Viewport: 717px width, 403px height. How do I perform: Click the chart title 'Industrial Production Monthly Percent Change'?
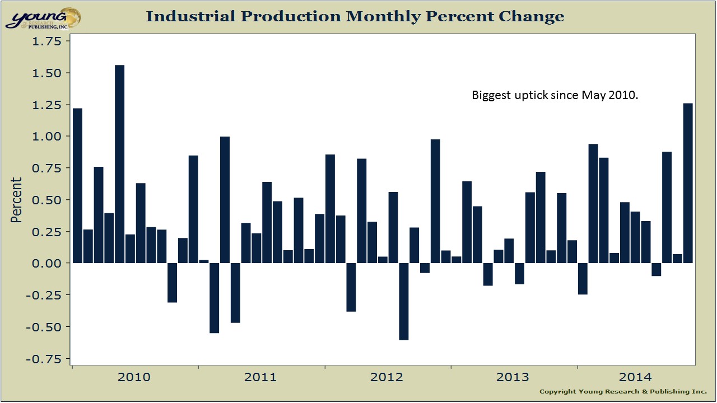click(355, 17)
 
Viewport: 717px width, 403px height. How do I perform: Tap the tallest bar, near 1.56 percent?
click(119, 164)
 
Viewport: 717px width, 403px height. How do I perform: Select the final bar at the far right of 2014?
click(688, 183)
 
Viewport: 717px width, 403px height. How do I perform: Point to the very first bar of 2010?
click(77, 185)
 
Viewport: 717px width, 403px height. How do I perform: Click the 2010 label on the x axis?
click(134, 377)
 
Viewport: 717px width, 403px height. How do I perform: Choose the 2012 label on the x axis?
click(387, 377)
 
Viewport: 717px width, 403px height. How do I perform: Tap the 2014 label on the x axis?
click(640, 377)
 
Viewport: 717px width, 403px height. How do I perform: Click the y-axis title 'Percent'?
click(17, 200)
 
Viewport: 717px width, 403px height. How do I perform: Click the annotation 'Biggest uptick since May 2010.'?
click(555, 96)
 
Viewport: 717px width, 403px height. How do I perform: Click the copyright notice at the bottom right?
click(623, 392)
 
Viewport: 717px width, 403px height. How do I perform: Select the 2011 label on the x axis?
click(260, 377)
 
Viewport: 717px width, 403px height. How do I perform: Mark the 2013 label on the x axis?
click(513, 377)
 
